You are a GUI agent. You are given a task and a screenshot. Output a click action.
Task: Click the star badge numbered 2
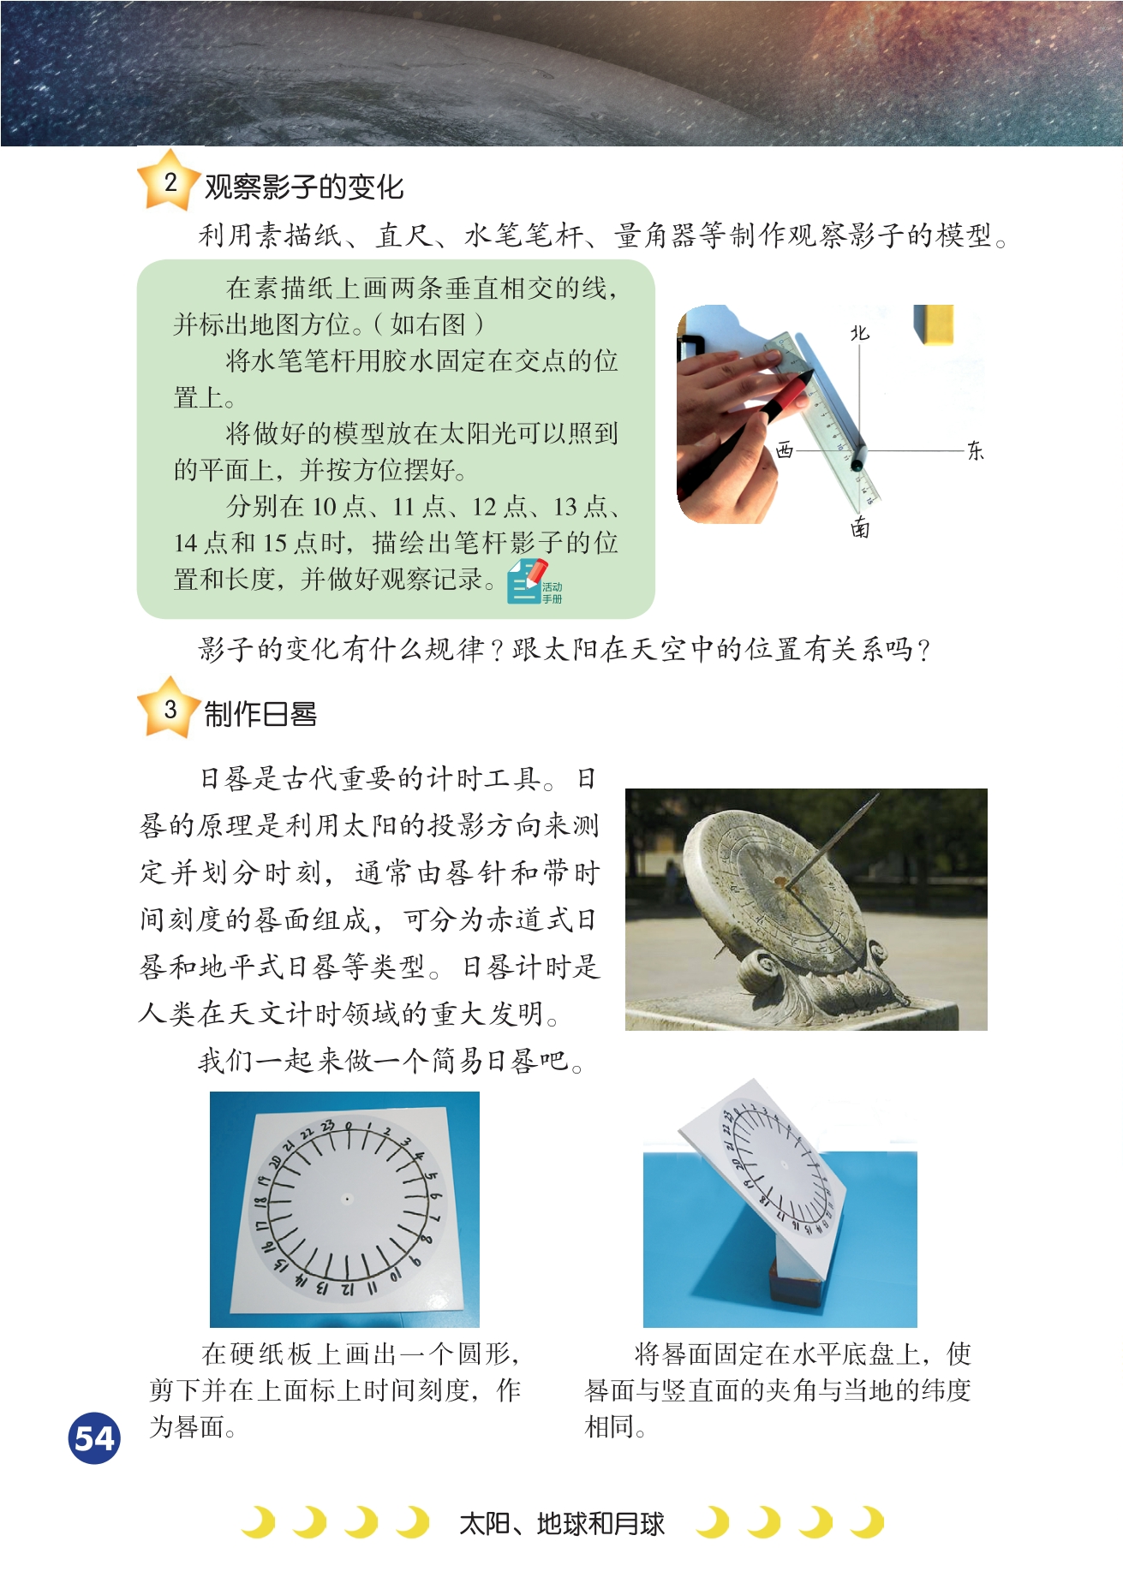170,181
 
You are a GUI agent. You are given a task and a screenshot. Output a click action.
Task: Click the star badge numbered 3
170,708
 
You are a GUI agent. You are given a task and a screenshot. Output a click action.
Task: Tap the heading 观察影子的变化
304,187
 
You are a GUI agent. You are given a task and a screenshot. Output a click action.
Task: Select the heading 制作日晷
260,714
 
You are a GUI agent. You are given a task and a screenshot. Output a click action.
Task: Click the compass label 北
859,332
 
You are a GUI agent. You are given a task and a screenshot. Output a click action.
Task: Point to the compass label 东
975,451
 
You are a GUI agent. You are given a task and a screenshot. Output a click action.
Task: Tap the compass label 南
860,527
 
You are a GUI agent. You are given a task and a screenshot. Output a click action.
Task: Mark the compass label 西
785,449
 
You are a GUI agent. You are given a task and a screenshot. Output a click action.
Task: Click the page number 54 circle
94,1438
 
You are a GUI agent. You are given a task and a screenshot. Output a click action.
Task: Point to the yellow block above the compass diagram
934,324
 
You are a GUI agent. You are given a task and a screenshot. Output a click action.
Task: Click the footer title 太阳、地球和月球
562,1524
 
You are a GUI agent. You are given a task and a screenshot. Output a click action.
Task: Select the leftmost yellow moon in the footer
260,1522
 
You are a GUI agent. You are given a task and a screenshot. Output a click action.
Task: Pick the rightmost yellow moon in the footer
868,1522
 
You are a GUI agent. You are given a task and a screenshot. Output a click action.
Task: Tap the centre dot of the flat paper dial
346,1199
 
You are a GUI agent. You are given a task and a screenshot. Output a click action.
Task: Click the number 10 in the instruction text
324,507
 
